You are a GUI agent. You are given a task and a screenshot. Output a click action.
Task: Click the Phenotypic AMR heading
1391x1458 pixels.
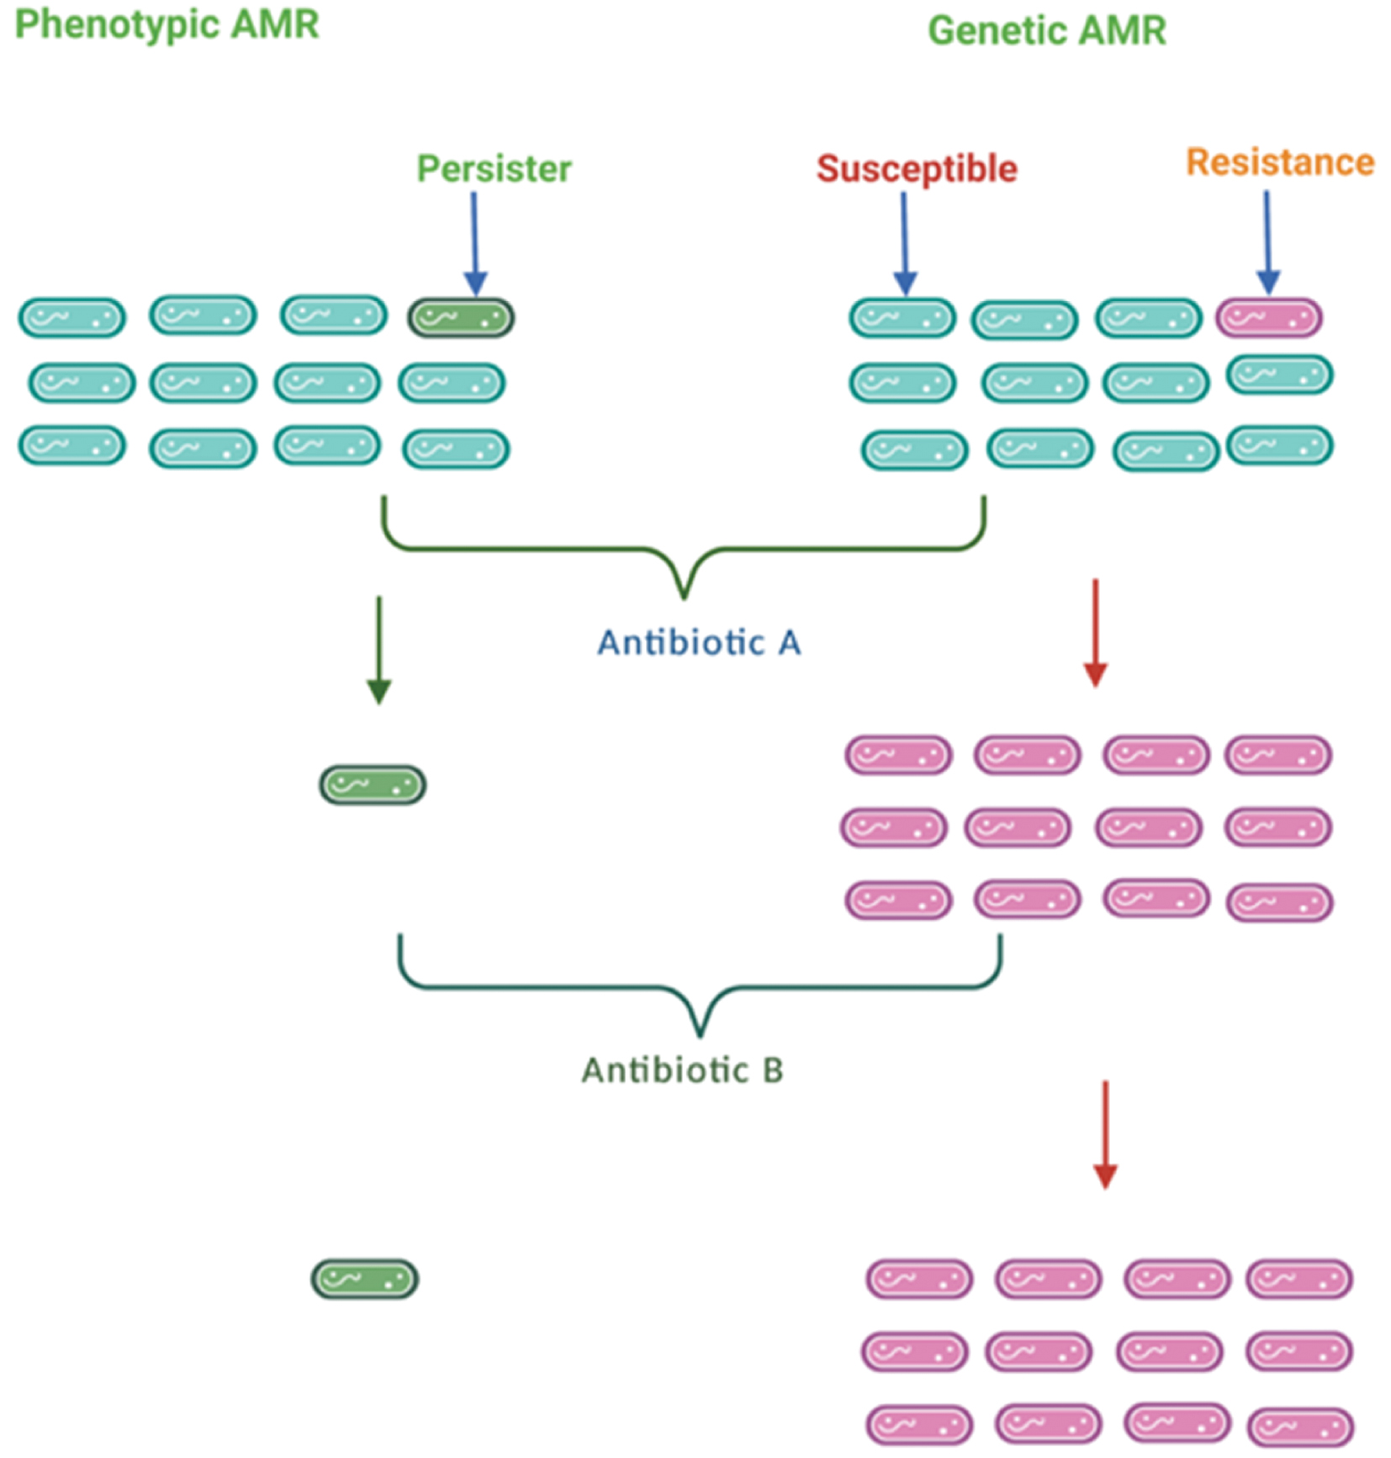coord(167,24)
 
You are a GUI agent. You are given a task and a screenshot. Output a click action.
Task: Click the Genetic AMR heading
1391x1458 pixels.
coord(1046,31)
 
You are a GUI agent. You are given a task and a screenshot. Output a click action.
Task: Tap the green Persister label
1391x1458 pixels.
coord(494,169)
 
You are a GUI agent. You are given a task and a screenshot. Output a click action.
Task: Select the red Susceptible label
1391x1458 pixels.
coord(917,169)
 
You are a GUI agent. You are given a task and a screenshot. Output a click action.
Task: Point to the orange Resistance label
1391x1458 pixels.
coord(1279,162)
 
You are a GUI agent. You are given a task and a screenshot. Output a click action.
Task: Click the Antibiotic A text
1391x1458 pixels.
coord(699,644)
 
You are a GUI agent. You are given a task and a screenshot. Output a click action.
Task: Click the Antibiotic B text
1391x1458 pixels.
coord(682,1071)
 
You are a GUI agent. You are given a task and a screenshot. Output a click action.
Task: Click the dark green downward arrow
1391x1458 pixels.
coord(379,649)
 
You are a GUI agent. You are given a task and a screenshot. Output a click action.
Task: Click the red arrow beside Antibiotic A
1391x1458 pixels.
coord(1095,632)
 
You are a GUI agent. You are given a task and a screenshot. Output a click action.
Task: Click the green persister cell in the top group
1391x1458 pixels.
coord(461,318)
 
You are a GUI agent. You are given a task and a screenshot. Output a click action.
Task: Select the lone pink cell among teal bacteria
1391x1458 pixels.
coord(1268,318)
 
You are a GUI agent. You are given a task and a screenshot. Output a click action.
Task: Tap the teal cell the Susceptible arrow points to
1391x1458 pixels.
coord(902,318)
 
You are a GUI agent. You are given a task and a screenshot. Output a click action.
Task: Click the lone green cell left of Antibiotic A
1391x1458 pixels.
coord(373,785)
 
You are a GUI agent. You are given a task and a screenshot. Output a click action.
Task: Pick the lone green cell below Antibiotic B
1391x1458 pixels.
coord(365,1279)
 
